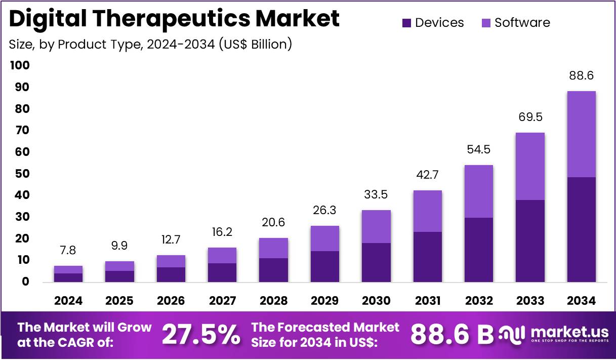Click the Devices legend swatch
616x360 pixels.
tap(407, 23)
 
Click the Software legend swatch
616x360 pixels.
tap(486, 23)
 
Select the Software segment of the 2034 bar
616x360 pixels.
tap(581, 134)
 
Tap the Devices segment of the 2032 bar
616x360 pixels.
tap(478, 250)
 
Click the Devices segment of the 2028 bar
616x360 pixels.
tap(273, 270)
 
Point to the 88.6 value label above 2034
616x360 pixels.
tap(581, 76)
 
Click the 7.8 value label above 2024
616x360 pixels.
tap(68, 251)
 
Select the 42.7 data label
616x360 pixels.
tap(427, 175)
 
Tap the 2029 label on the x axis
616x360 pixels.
tap(324, 301)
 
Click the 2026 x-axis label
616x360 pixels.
tap(171, 301)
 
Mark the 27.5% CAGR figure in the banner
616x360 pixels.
tap(201, 335)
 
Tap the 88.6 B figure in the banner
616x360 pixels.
tap(451, 334)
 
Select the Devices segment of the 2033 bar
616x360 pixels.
tap(530, 241)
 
